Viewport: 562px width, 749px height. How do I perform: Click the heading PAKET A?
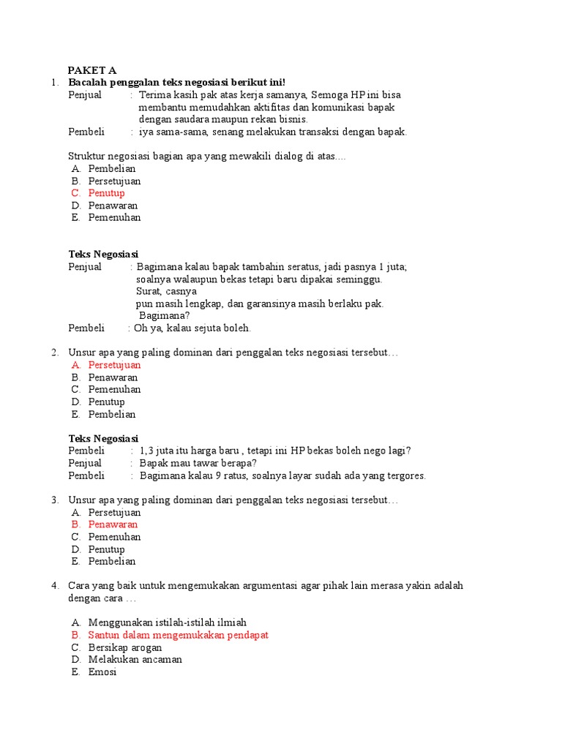pos(91,70)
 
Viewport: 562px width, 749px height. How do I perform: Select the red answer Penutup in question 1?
pos(106,193)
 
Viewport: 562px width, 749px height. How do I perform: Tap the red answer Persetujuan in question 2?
pos(114,365)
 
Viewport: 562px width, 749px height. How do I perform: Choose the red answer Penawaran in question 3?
pos(113,524)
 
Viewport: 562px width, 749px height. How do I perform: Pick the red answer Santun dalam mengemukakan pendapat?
pos(178,635)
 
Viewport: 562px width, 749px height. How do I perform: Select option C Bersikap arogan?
pos(125,647)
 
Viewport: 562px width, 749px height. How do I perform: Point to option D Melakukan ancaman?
pos(135,659)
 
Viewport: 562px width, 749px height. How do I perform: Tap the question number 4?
pos(54,586)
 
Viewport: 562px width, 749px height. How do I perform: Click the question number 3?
pos(54,500)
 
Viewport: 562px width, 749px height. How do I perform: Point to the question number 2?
pos(54,353)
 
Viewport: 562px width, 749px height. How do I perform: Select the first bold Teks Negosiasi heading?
pos(103,255)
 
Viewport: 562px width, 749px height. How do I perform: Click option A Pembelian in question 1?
pos(112,169)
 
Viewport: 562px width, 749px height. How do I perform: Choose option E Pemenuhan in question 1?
pos(114,217)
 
